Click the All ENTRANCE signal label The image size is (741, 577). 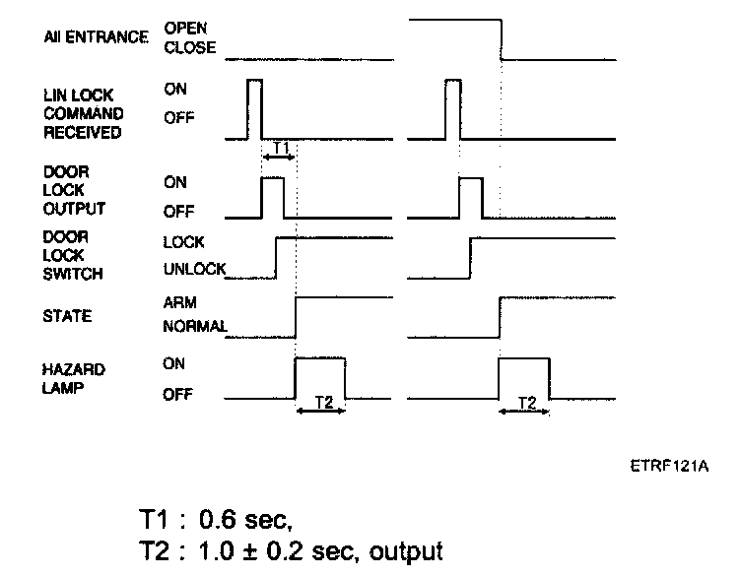click(x=97, y=37)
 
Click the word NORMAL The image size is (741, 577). click(x=195, y=326)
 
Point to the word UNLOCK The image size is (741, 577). click(x=194, y=268)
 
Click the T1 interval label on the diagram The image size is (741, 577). click(x=279, y=149)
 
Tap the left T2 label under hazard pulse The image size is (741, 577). click(x=320, y=403)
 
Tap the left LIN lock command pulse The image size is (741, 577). click(x=254, y=108)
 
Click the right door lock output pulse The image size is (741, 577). click(x=471, y=197)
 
